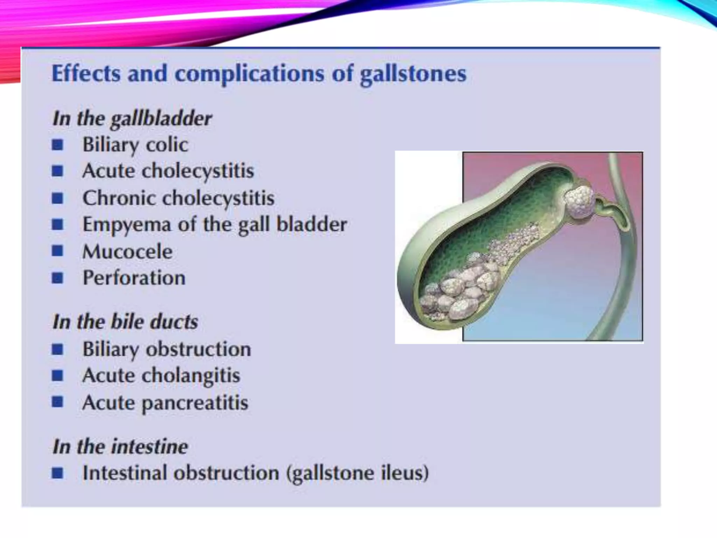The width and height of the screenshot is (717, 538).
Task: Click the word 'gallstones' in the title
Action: coord(413,74)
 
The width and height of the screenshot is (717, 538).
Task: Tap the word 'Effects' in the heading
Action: coord(86,74)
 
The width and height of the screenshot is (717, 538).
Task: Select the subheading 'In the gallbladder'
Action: coord(132,118)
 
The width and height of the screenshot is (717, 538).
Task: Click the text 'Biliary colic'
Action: coord(135,145)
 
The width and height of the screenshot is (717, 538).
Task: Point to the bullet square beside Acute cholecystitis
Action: coord(57,171)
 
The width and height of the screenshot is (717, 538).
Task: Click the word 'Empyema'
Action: coord(127,225)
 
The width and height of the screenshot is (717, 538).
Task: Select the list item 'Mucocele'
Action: coord(127,251)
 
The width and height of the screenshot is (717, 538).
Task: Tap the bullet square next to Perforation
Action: coord(57,278)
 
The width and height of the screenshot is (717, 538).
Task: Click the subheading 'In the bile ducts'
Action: coord(125,322)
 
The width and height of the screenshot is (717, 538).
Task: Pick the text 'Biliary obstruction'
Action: coord(167,349)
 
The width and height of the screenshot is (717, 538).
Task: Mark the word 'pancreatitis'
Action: coord(195,403)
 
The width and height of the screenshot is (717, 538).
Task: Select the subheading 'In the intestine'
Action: coord(120,447)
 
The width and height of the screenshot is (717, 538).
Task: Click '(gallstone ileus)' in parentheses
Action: coord(357,473)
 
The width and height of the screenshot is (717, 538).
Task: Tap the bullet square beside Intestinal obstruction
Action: coord(57,473)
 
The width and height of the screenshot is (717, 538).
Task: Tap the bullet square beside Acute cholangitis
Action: coord(57,375)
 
